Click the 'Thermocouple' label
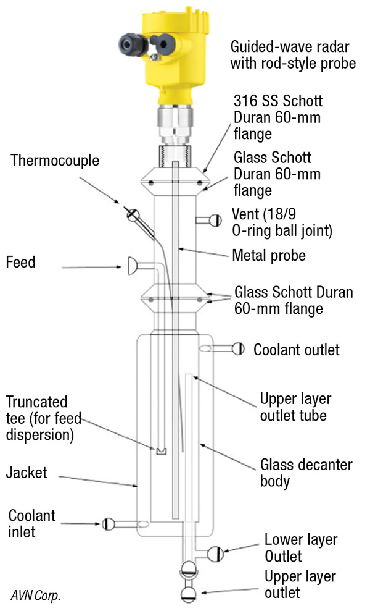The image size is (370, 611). (x=55, y=161)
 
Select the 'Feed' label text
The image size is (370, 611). (x=20, y=262)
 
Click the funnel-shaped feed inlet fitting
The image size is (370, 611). (x=133, y=266)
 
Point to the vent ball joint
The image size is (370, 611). (x=215, y=221)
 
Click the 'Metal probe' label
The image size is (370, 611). (x=269, y=256)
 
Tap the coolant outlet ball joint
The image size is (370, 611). (x=238, y=348)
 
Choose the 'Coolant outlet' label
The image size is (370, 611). (x=297, y=350)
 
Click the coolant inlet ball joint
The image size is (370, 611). (x=108, y=524)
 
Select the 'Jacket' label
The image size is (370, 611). (x=27, y=473)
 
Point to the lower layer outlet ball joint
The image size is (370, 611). (x=216, y=554)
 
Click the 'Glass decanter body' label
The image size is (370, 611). (x=306, y=473)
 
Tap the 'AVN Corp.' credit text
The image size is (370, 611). (x=35, y=596)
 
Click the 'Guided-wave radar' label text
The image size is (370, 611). (x=290, y=47)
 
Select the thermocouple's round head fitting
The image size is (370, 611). (x=133, y=214)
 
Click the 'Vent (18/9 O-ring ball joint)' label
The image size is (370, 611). (x=282, y=222)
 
